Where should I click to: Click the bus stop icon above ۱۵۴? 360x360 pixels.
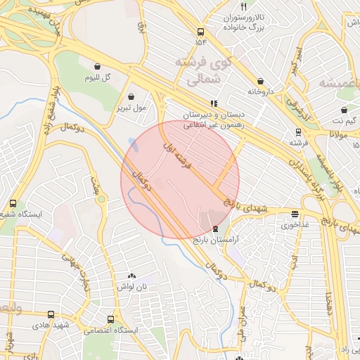click(x=201, y=32)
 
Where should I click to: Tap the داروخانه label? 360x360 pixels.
click(x=259, y=91)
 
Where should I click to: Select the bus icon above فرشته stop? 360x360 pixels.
click(x=298, y=131)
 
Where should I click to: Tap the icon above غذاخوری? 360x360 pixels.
click(x=294, y=214)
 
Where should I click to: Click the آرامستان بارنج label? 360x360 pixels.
click(x=217, y=240)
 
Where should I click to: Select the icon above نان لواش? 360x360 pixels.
click(x=132, y=276)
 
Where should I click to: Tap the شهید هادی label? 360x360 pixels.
click(x=48, y=326)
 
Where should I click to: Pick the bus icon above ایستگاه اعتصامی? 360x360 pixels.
click(x=110, y=319)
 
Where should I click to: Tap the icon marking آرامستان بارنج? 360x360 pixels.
click(x=215, y=229)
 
